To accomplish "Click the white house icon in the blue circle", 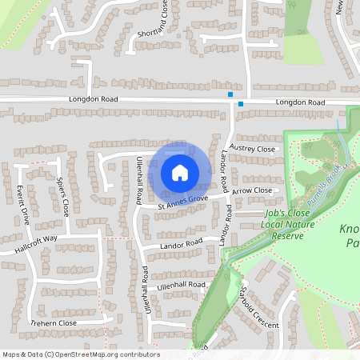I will (179, 172).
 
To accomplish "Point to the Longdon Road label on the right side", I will (300, 103).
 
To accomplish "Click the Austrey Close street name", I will (251, 150).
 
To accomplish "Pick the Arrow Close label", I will (252, 191).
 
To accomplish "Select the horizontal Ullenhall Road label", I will (182, 285).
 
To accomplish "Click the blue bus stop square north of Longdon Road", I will (230, 94).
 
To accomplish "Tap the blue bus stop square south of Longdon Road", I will (241, 104).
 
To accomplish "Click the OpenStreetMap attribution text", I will (80, 354).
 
